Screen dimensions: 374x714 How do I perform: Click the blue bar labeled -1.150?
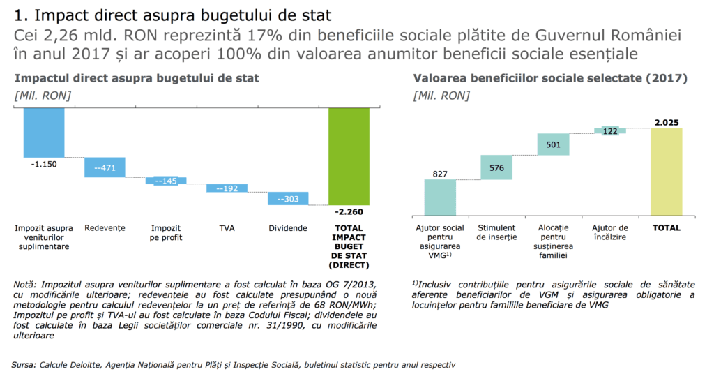pos(43,133)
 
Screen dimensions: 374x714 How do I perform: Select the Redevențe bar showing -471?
pos(105,167)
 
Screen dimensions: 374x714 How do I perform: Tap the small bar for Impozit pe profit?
pos(166,181)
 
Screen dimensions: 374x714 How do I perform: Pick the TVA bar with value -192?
pos(227,188)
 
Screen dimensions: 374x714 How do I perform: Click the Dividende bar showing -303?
pos(288,199)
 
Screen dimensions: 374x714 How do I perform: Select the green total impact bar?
pos(349,156)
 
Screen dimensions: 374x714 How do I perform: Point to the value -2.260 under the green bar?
pos(349,211)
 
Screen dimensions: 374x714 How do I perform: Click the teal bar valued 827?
pos(440,197)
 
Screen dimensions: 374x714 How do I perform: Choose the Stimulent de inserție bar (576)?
pos(496,167)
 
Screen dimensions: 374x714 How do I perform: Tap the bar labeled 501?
pos(554,144)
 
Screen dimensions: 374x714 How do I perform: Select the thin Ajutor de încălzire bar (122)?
pos(610,130)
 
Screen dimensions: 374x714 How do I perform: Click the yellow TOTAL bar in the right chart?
pos(667,172)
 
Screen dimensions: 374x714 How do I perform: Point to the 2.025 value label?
pos(667,123)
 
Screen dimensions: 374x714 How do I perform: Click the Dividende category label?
pos(288,228)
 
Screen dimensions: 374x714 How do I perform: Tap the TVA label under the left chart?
pos(227,228)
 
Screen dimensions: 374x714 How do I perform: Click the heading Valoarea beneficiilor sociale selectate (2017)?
pos(550,79)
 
